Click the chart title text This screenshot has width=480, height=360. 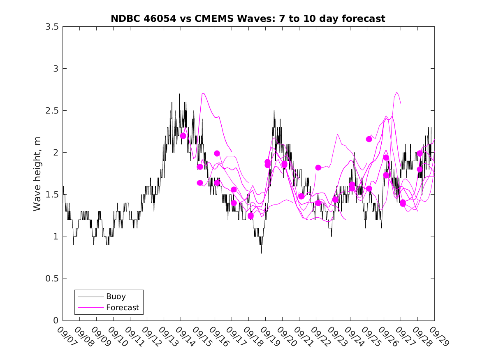tap(248, 19)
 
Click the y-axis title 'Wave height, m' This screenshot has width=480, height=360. tap(37, 174)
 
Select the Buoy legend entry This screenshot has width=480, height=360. tap(116, 296)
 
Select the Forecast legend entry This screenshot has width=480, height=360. tap(122, 307)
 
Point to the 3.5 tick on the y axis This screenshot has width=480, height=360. tap(51, 27)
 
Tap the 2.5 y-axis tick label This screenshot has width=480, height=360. tap(51, 111)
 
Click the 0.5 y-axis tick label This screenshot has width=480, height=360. tap(51, 279)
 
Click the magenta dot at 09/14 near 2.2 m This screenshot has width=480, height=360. tap(183, 136)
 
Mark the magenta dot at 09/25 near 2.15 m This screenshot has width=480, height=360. tap(369, 139)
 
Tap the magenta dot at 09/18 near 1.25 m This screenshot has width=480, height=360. tap(250, 216)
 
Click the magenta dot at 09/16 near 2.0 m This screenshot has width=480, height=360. tap(217, 153)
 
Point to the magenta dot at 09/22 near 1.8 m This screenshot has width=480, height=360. tap(318, 167)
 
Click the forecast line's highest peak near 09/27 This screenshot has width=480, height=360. tap(397, 92)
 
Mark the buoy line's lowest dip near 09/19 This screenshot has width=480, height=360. tap(261, 253)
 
